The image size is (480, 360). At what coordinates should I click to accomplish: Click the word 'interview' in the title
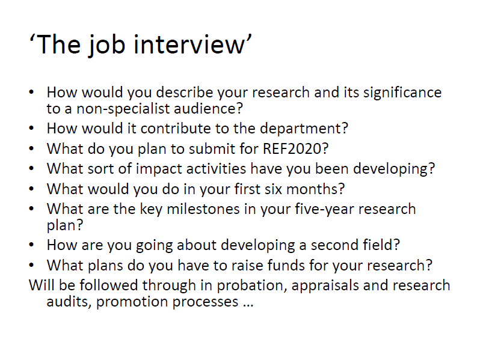pos(189,44)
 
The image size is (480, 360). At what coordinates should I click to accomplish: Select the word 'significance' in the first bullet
pos(402,93)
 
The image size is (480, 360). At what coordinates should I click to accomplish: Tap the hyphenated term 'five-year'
pos(324,210)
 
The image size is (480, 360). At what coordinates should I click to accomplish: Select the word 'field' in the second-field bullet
pos(378,245)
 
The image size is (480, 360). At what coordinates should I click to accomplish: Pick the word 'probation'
pos(251,286)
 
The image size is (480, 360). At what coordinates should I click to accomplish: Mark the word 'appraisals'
pos(325,286)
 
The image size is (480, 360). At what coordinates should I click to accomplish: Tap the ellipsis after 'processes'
pos(248,305)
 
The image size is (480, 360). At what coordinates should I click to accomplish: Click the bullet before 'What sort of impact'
pos(31,168)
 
